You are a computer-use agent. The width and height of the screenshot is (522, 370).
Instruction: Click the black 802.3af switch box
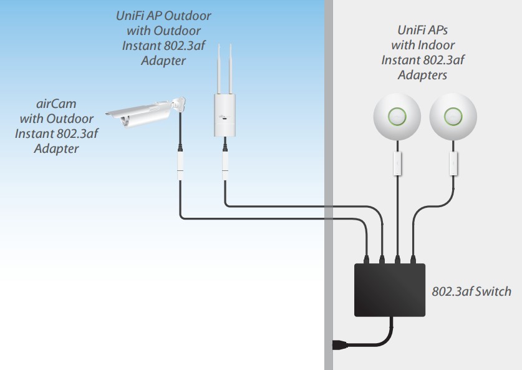(390, 291)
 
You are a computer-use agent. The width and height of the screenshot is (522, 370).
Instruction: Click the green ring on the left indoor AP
(396, 116)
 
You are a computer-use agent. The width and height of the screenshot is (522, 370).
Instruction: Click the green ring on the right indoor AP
(453, 116)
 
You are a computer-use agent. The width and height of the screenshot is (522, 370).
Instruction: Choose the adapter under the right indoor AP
(453, 163)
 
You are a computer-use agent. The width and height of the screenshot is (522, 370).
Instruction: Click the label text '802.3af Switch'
(471, 291)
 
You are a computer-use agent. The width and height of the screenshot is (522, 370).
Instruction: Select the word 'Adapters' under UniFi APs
(422, 75)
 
